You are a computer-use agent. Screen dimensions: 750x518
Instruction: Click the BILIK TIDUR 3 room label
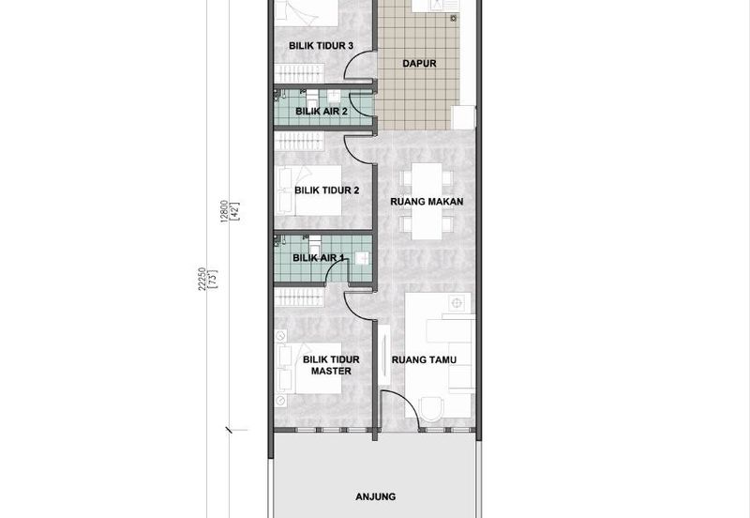(321, 46)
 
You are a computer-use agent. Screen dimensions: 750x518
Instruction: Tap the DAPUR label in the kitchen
(419, 63)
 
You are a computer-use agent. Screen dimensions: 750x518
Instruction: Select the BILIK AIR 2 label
(322, 112)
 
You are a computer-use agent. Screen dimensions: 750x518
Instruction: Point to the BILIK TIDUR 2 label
(326, 190)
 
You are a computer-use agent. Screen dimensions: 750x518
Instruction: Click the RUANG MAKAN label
(427, 202)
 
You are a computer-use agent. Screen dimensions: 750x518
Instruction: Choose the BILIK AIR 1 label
(318, 258)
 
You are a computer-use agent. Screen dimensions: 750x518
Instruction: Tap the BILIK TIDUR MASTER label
(331, 365)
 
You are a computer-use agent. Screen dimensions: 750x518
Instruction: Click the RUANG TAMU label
(424, 359)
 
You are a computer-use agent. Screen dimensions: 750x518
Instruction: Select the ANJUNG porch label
(376, 497)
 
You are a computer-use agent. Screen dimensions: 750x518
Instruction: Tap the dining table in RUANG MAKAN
(427, 201)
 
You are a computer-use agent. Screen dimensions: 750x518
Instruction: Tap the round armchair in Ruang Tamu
(432, 407)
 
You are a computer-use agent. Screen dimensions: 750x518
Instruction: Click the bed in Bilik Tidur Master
(309, 368)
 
